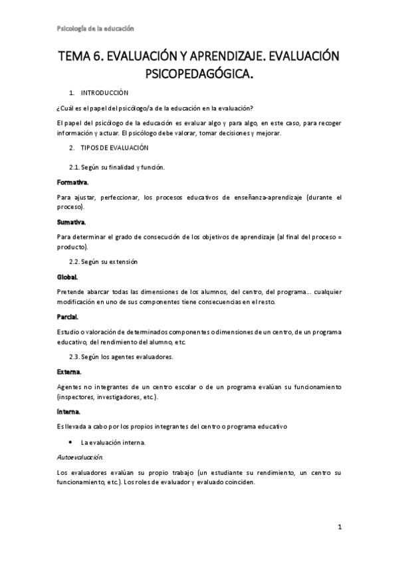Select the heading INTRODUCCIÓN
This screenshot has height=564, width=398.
(x=109, y=93)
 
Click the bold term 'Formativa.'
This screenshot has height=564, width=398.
(x=72, y=182)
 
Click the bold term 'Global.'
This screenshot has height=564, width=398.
(x=67, y=276)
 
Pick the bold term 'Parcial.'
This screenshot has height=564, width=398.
(x=68, y=317)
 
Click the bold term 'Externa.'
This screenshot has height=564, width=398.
(x=69, y=371)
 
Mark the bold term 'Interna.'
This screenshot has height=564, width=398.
(x=69, y=412)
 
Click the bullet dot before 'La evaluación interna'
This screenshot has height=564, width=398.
(x=70, y=442)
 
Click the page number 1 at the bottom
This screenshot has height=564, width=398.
(x=339, y=528)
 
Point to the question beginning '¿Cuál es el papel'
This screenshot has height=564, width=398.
(x=155, y=108)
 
